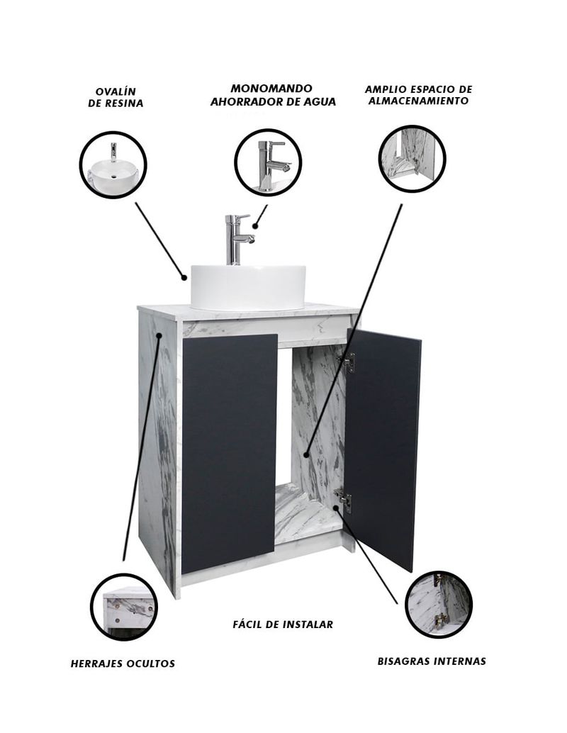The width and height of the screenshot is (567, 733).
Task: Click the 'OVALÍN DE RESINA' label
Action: coord(116,97)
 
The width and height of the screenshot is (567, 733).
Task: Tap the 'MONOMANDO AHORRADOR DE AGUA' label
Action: coord(273,96)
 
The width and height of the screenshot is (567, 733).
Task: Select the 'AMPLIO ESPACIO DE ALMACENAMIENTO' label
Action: coord(418,95)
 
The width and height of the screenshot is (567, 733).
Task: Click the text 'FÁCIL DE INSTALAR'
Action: coord(283,624)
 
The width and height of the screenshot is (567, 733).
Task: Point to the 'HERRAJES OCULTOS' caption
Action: coord(123,664)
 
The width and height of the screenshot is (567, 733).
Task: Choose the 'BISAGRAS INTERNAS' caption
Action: coord(432,661)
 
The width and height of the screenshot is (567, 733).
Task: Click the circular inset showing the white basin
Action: coord(113,165)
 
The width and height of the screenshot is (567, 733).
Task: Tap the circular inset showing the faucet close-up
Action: coord(268,162)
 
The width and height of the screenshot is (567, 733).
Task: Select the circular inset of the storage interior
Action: coord(412,159)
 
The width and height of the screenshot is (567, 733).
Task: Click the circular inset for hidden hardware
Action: coord(124,608)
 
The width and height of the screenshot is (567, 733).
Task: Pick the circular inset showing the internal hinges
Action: coord(439,605)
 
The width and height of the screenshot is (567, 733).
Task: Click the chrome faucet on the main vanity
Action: coord(237,240)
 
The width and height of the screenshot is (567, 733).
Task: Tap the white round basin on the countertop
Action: coord(248,287)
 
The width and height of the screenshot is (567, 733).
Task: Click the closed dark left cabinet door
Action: coord(229,453)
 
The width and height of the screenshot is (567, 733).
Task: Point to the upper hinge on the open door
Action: coord(348,362)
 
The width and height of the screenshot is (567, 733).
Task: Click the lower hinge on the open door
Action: coord(344,500)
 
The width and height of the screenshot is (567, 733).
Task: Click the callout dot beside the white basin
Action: coord(184,278)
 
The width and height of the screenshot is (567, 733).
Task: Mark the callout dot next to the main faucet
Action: coord(255,226)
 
